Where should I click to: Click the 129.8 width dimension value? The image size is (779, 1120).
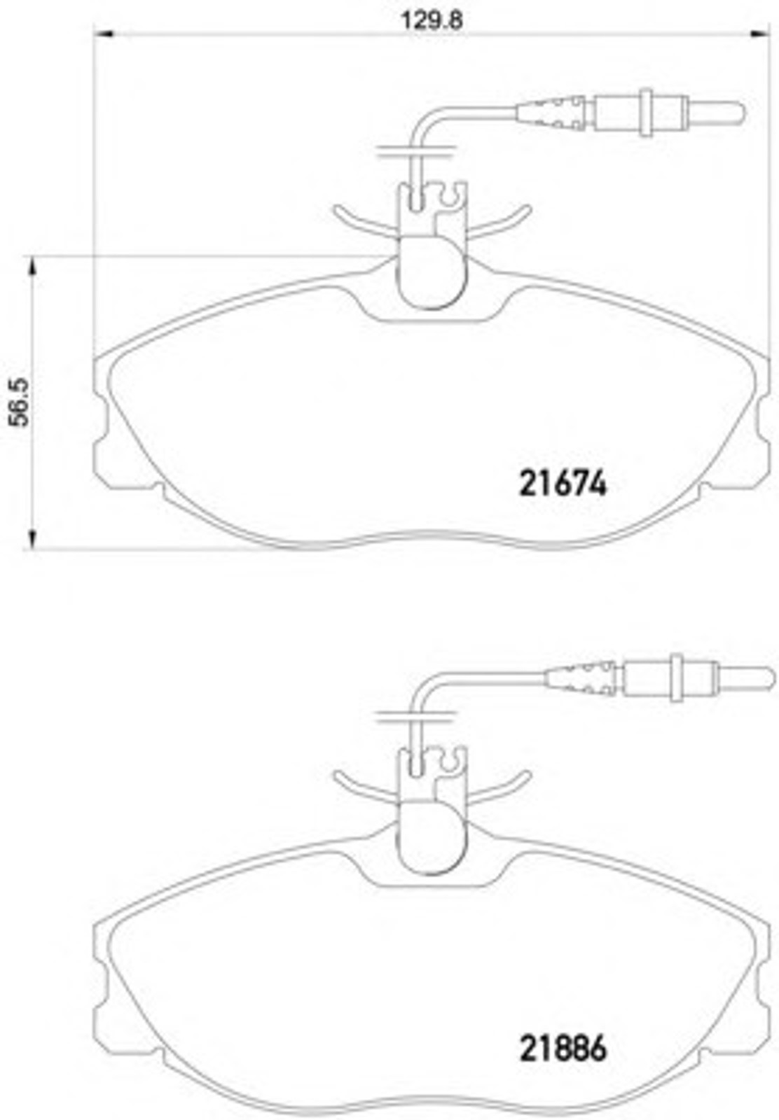[432, 20]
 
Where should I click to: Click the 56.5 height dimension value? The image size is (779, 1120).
[20, 402]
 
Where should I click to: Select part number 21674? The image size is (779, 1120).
[563, 484]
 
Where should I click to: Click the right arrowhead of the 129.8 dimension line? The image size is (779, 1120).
[759, 34]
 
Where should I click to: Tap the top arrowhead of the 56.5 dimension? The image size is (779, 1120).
[32, 267]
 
